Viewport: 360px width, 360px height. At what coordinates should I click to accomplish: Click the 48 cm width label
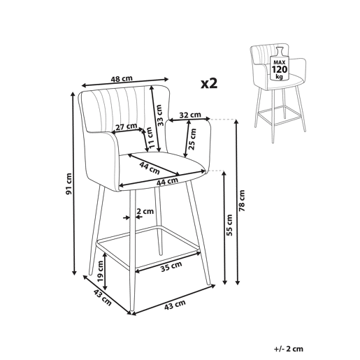122,78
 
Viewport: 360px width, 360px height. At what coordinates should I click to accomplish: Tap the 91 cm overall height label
69,184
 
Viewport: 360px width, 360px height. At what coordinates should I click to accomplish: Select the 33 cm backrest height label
159,115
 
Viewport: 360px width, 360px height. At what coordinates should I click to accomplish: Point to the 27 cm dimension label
127,127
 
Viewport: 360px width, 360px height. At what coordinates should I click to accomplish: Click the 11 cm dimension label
150,138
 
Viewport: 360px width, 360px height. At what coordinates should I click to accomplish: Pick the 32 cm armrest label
190,115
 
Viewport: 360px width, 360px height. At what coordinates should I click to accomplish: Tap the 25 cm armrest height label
193,139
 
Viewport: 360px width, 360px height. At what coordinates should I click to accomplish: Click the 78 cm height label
242,201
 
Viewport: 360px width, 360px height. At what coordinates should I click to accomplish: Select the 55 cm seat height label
229,225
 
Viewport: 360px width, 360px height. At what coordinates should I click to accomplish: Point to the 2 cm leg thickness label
145,211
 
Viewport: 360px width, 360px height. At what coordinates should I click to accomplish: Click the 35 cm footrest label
171,267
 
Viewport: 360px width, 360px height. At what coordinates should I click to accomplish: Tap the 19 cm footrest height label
101,271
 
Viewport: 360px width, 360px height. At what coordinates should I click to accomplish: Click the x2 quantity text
209,83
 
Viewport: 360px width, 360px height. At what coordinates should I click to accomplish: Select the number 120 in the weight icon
280,69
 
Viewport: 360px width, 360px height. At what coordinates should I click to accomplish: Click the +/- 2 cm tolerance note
289,349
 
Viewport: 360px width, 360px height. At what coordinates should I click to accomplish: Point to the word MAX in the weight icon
280,63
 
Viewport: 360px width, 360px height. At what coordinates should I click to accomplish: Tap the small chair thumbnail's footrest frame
280,116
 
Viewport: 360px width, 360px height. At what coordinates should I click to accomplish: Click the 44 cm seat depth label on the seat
150,168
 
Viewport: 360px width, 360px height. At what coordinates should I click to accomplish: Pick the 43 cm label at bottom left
103,298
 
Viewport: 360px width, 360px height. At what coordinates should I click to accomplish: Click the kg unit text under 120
279,76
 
